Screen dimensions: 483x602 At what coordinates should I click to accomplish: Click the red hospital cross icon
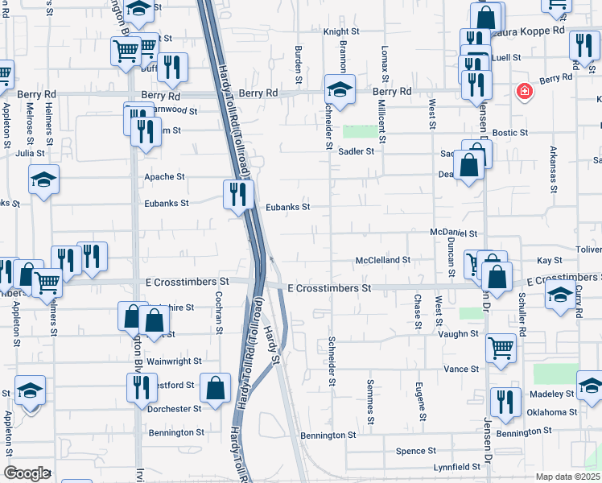(x=525, y=92)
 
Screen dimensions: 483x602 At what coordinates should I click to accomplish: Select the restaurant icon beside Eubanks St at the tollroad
(x=238, y=194)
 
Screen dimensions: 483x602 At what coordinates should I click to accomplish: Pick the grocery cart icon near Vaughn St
(x=501, y=349)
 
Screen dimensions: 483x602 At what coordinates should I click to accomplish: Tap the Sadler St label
(x=357, y=151)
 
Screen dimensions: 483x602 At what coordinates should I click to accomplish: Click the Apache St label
(x=164, y=176)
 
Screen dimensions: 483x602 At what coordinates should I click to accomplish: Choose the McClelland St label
(x=383, y=260)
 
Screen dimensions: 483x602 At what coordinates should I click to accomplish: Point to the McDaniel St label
(x=454, y=233)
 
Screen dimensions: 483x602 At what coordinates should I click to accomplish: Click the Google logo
(x=27, y=473)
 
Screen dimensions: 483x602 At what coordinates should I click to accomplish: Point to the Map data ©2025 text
(x=567, y=477)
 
